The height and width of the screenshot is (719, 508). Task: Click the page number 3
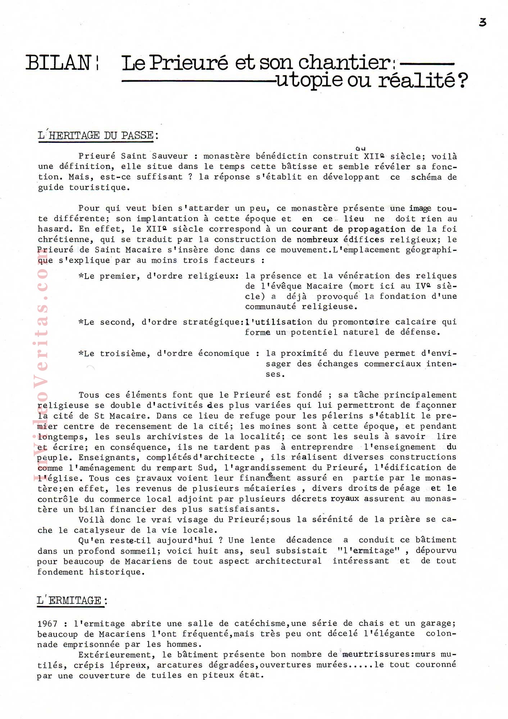click(482, 22)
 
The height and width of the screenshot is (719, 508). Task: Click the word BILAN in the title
click(58, 63)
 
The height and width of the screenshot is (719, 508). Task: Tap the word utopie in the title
click(309, 80)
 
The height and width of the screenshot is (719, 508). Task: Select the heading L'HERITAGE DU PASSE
click(97, 136)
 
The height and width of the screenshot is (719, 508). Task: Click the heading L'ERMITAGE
click(72, 600)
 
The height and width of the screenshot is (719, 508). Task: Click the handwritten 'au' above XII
click(360, 148)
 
